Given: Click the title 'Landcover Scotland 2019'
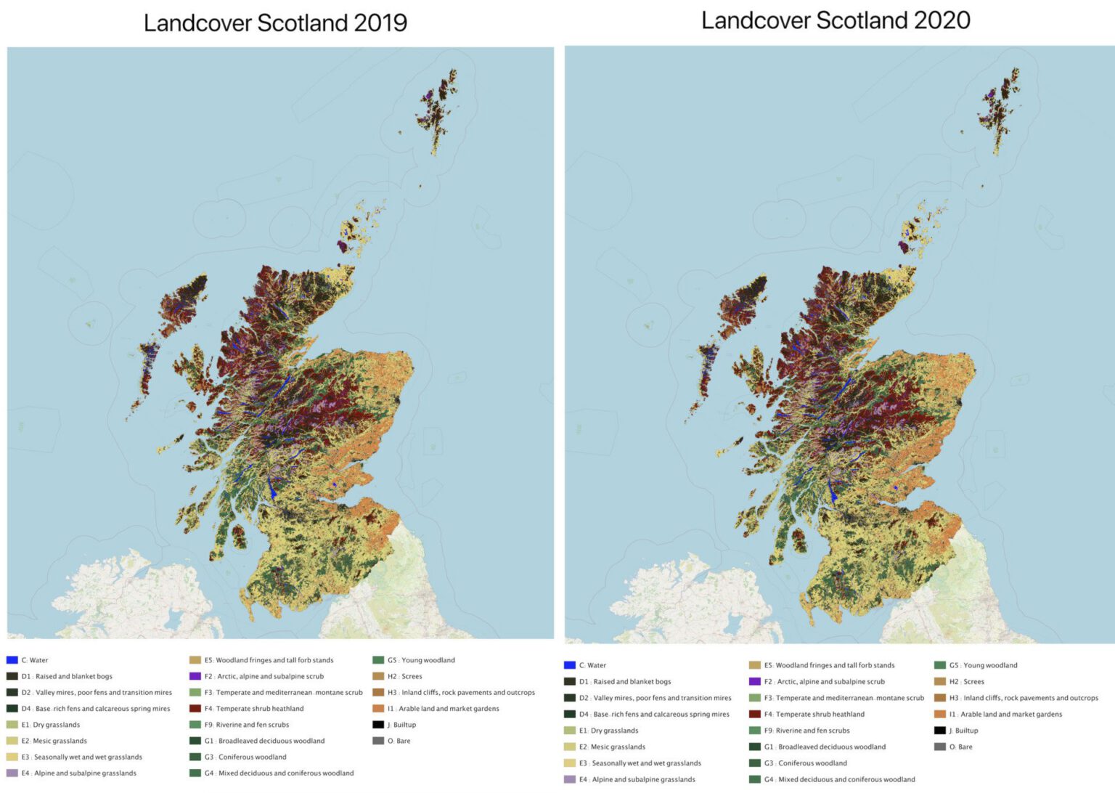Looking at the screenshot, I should [275, 23].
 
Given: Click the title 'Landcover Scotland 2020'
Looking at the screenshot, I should [836, 20].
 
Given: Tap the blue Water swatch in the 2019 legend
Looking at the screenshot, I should [12, 660].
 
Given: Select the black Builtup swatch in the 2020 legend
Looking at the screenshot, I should [940, 731].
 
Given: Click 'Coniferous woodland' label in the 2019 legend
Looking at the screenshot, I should [252, 757].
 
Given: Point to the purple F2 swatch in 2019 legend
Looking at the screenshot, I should [195, 676].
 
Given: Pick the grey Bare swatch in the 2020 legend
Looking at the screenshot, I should [940, 747].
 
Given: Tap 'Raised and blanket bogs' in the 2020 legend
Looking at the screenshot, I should [632, 681].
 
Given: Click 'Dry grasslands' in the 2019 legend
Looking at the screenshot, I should [56, 725].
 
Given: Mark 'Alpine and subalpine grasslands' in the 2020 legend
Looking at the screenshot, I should [643, 779].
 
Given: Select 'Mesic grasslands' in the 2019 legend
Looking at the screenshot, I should [60, 741].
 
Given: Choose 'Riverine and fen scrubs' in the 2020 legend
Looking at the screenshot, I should [812, 731].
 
